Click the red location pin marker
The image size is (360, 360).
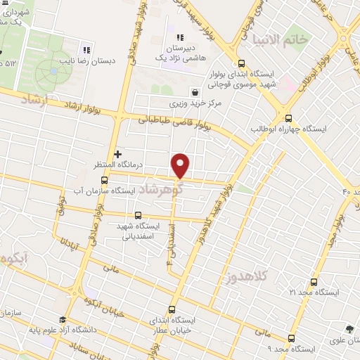click(181, 165)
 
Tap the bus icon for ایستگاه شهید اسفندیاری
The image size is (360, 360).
click(137, 216)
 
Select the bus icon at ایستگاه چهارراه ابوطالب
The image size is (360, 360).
click(288, 117)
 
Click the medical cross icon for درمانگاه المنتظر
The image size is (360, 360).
click(117, 153)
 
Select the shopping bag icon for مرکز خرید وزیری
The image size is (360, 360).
click(195, 92)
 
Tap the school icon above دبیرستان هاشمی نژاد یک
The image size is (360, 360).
click(180, 37)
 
